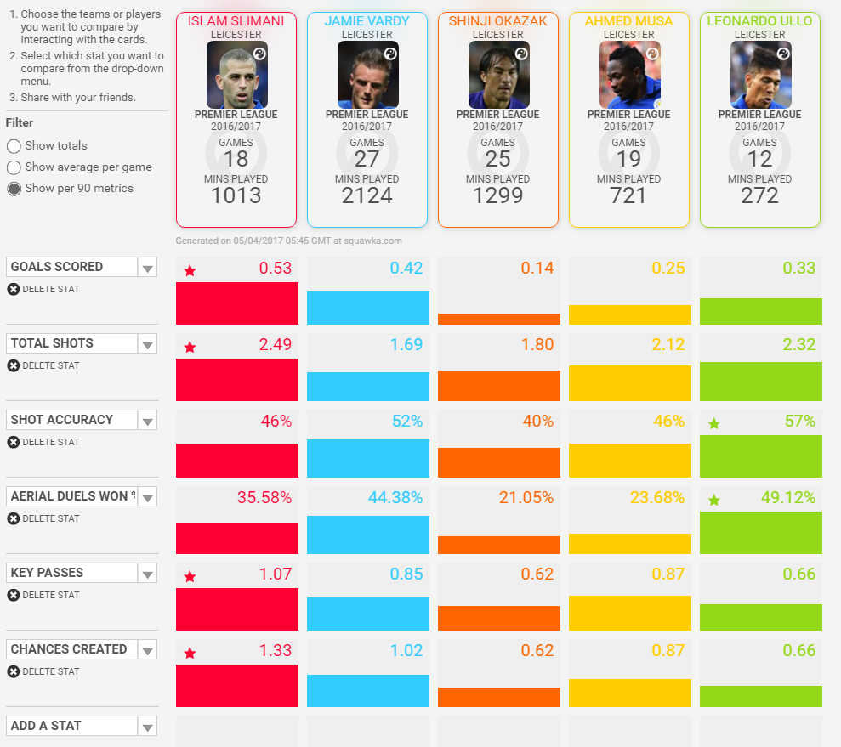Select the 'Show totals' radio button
tap(14, 146)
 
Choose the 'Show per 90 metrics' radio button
tap(14, 189)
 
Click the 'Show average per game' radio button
tap(14, 167)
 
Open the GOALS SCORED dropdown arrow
tap(147, 268)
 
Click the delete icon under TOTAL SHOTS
tap(14, 365)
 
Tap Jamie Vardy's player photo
tap(368, 75)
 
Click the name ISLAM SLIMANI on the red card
tap(236, 21)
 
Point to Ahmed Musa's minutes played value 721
tap(628, 195)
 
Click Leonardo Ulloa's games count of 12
tap(759, 159)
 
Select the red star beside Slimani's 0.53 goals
tap(190, 270)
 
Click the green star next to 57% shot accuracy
tap(714, 424)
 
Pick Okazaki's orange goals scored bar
tap(499, 319)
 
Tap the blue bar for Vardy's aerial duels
tap(368, 535)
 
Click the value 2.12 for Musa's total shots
tap(668, 344)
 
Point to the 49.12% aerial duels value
tap(788, 498)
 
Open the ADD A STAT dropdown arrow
tap(147, 727)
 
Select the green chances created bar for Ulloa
tap(760, 696)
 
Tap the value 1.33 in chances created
tap(276, 650)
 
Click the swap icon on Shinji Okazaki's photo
tap(521, 54)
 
